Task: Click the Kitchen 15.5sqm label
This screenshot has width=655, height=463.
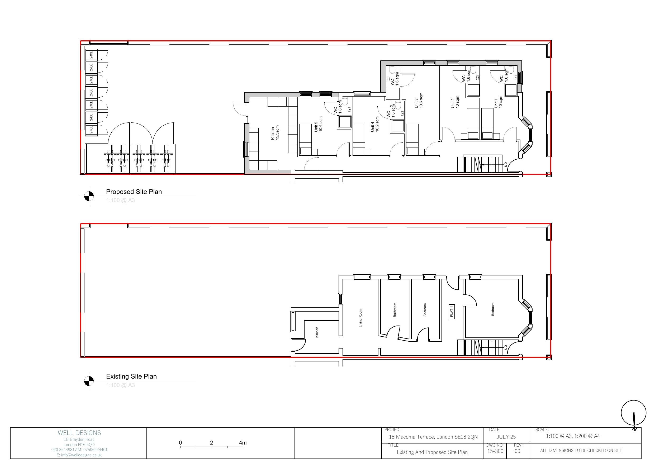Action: pyautogui.click(x=275, y=133)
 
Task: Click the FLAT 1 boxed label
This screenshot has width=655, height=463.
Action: pyautogui.click(x=452, y=311)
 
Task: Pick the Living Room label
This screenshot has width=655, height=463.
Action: pyautogui.click(x=360, y=318)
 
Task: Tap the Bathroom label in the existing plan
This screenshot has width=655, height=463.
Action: pyautogui.click(x=395, y=310)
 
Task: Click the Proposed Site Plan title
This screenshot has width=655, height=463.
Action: pyautogui.click(x=134, y=192)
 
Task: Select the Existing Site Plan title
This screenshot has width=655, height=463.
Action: pyautogui.click(x=131, y=376)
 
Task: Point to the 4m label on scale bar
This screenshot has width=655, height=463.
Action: pyautogui.click(x=243, y=443)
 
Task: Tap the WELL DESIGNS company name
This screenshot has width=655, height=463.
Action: pyautogui.click(x=79, y=433)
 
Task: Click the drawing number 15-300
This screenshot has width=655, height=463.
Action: pyautogui.click(x=495, y=451)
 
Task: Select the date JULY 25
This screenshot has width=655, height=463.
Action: pyautogui.click(x=506, y=437)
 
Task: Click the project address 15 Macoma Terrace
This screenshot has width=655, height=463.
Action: pyautogui.click(x=433, y=437)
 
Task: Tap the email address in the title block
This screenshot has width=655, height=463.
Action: pyautogui.click(x=79, y=455)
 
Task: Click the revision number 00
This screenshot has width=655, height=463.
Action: pyautogui.click(x=517, y=451)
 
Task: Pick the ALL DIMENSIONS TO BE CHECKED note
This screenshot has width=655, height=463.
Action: pyautogui.click(x=581, y=450)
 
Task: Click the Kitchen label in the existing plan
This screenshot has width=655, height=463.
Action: pyautogui.click(x=317, y=332)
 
